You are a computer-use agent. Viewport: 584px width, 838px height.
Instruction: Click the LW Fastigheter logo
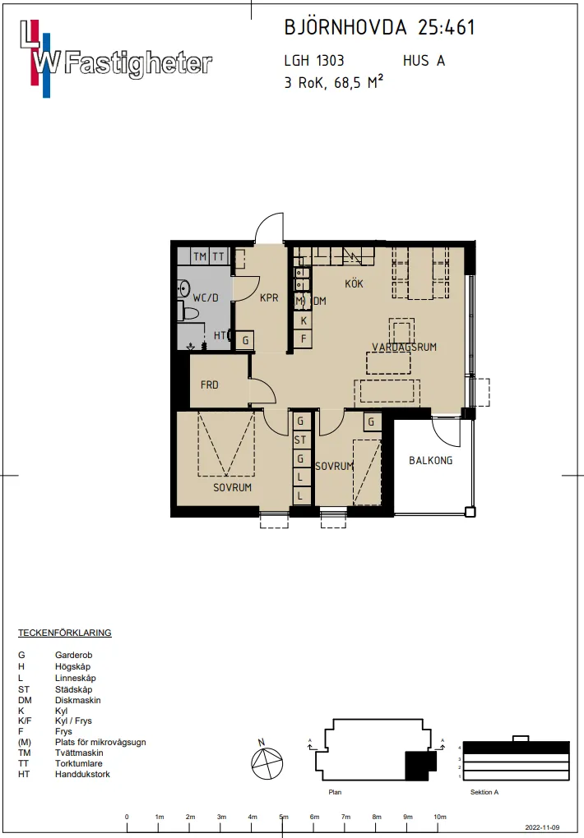[x=116, y=59]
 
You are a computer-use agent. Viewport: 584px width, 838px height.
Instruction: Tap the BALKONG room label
[x=430, y=460]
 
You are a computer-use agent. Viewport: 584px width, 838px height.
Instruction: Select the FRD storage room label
[x=209, y=384]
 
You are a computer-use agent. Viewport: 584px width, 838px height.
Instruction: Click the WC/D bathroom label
[x=206, y=297]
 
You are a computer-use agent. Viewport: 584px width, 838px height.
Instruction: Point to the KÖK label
[x=354, y=283]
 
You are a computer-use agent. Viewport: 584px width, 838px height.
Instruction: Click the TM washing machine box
[x=200, y=256]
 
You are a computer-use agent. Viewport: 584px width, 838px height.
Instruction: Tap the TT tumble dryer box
[x=219, y=256]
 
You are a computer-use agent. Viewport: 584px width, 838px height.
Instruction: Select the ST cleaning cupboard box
[x=300, y=440]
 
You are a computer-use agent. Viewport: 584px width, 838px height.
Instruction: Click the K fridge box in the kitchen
[x=304, y=320]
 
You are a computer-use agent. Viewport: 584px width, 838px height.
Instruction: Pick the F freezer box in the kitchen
[x=304, y=338]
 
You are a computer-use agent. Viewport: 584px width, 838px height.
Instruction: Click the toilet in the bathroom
[x=188, y=311]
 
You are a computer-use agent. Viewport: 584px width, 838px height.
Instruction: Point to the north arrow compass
[x=267, y=762]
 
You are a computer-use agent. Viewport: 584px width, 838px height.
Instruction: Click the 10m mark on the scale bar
[x=439, y=817]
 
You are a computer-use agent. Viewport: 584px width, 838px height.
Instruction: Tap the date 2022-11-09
[x=543, y=827]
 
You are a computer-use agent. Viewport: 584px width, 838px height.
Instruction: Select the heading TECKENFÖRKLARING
[x=65, y=633]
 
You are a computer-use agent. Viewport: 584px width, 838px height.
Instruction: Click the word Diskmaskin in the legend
[x=77, y=700]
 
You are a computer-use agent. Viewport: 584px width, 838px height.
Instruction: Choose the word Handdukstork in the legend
[x=82, y=774]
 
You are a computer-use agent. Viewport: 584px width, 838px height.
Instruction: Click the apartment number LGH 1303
[x=314, y=61]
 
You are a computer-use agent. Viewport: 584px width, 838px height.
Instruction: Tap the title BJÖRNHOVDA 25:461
[x=379, y=27]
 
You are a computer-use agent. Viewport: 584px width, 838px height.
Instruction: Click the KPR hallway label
[x=269, y=297]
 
